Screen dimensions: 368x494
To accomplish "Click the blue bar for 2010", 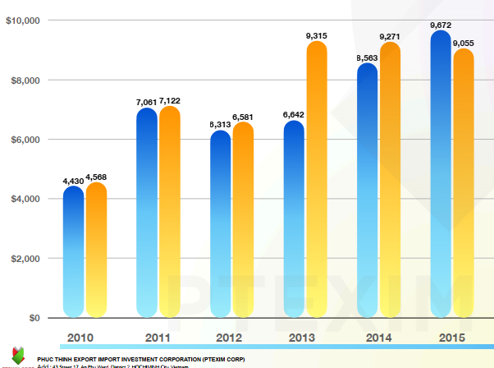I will point(74,251).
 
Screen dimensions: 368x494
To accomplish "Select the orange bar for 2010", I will point(96,250).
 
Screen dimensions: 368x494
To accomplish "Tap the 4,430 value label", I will point(74,180).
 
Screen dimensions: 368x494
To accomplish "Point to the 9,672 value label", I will point(441,25).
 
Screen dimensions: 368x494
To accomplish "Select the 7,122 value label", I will point(170,101).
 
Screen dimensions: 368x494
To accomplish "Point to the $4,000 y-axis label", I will point(25,199).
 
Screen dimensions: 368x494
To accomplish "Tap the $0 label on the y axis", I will point(34,318).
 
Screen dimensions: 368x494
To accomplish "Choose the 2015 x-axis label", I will point(452,337).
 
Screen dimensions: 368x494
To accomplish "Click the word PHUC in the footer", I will point(46,359).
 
